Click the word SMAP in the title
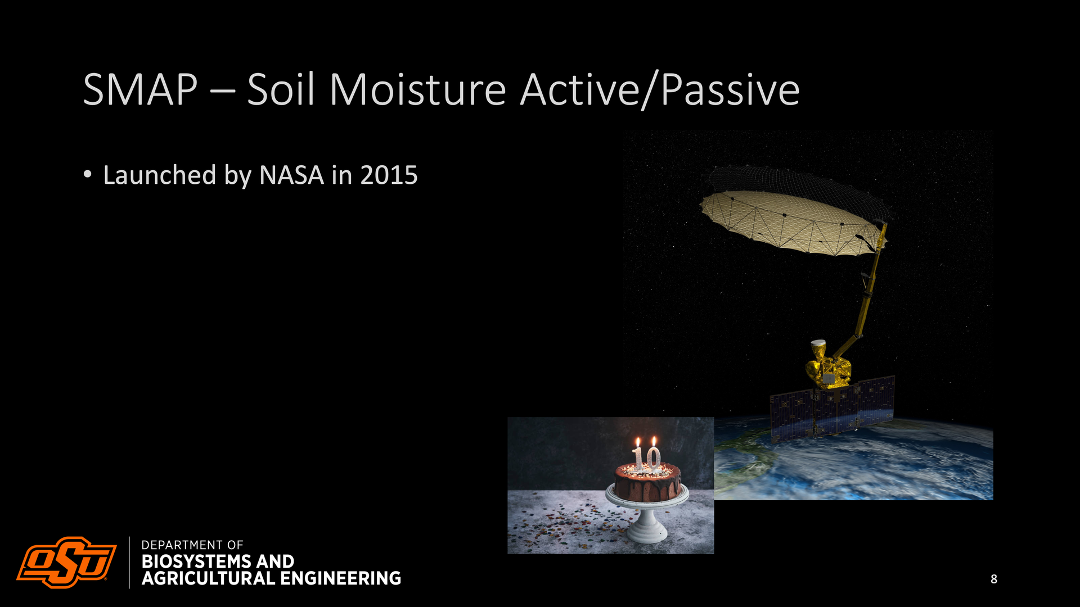[141, 90]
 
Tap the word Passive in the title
[730, 90]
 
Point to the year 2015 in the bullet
[389, 175]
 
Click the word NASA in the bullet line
[291, 175]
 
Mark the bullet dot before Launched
[87, 174]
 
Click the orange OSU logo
[67, 562]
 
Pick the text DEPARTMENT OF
[192, 545]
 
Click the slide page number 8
[994, 579]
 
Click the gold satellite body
[828, 368]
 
